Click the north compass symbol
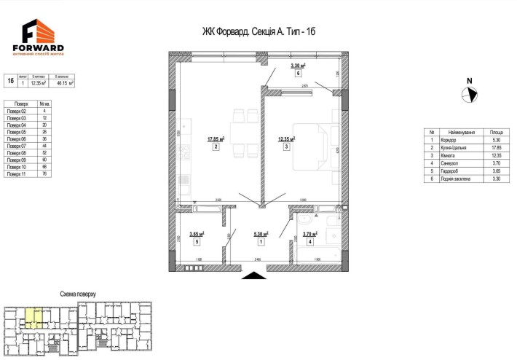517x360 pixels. point(470,93)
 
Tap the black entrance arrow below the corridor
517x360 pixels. point(253,275)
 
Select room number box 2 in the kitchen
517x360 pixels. point(216,146)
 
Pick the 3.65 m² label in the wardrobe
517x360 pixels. point(196,234)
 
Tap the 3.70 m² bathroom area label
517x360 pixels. point(310,234)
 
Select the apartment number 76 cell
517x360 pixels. point(45,175)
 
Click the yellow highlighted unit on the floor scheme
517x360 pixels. point(35,317)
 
